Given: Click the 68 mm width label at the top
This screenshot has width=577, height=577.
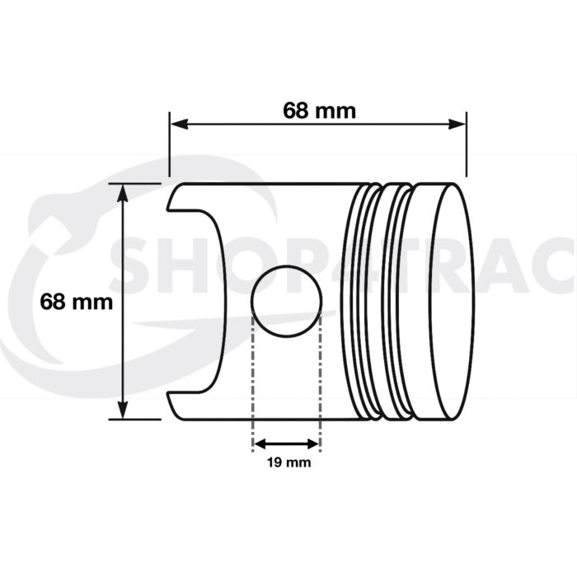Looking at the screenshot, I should coord(319,110).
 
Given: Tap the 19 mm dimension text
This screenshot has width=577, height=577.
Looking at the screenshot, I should coord(288,463).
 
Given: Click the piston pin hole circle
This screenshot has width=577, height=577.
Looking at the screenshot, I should coord(285,298).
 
